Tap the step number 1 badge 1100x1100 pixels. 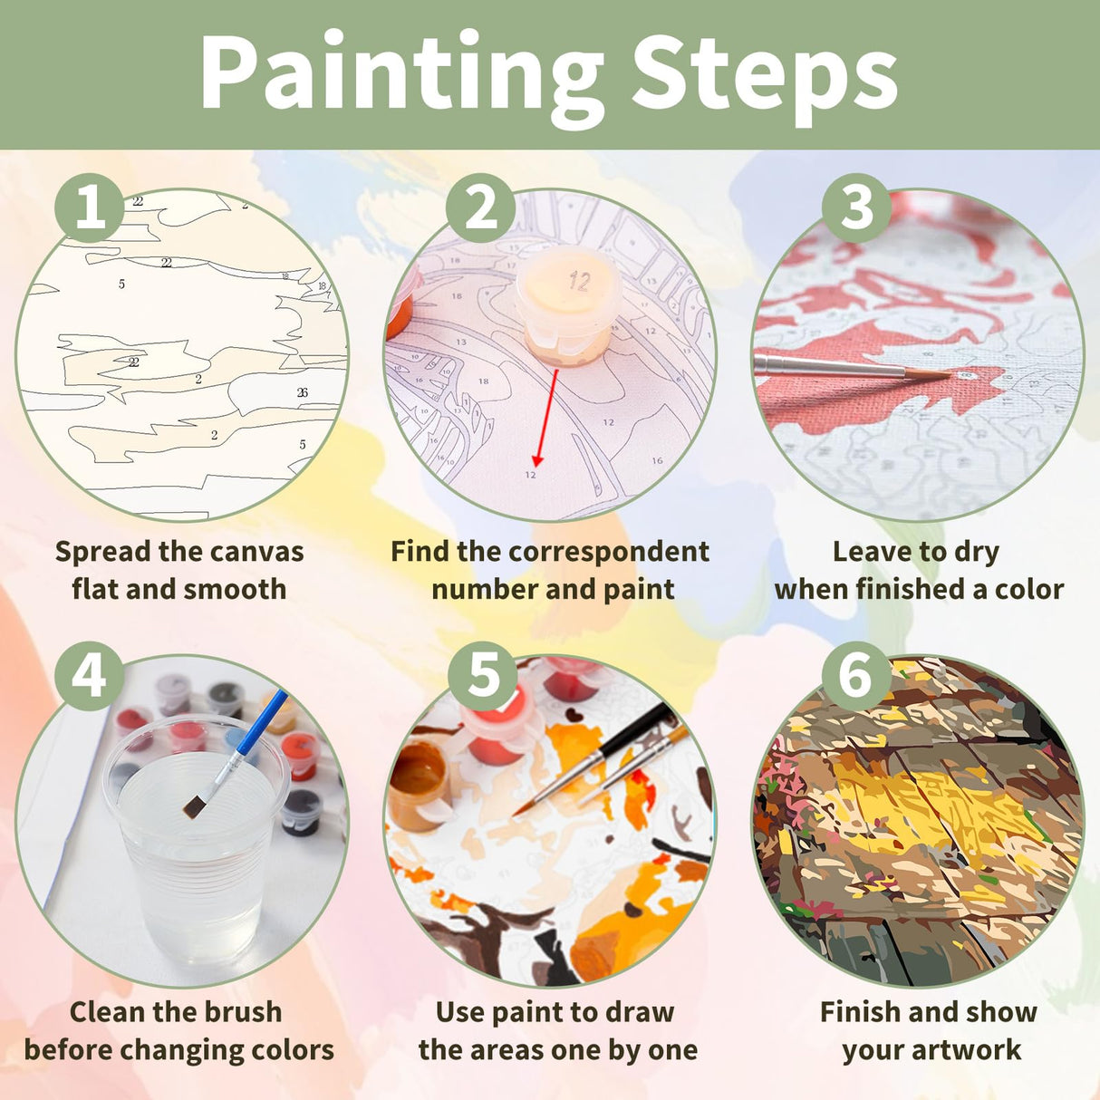90,208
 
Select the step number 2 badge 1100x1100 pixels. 481,208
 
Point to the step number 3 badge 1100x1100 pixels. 856,208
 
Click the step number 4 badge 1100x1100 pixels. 89,676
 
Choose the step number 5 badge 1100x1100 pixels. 483,676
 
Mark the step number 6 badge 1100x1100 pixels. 856,676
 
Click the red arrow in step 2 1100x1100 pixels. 545,417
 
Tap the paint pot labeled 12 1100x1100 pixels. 568,304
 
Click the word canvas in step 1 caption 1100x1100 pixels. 256,551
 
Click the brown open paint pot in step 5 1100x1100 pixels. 419,784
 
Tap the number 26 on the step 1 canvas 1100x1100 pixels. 302,392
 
